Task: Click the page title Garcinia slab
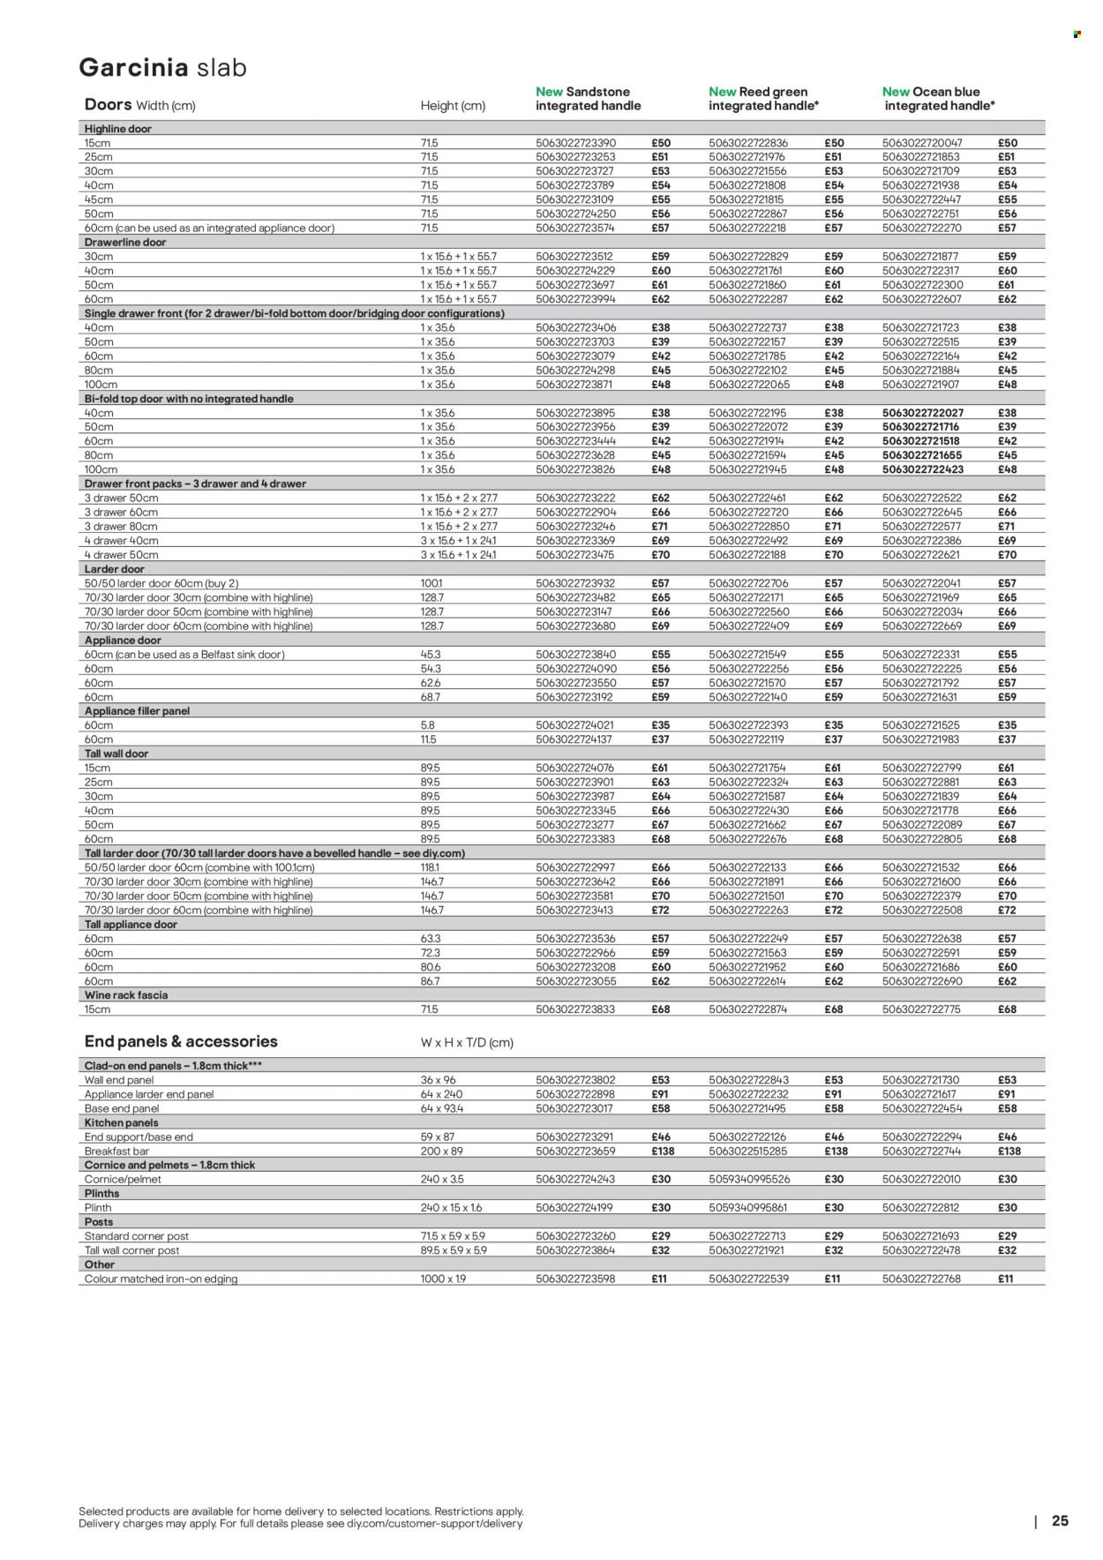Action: (162, 68)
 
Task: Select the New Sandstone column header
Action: (588, 98)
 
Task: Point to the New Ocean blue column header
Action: (938, 98)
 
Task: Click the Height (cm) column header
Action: (453, 105)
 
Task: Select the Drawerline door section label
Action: (124, 242)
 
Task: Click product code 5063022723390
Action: (575, 143)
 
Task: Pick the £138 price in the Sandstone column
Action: (661, 1151)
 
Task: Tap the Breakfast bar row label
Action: (119, 1151)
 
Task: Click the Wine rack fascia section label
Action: (125, 994)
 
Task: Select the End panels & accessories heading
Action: (181, 1041)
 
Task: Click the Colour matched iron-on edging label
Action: (161, 1279)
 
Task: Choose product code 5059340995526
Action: (749, 1179)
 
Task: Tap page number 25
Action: (1060, 1520)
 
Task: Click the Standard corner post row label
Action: (137, 1236)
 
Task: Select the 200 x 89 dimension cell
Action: (441, 1151)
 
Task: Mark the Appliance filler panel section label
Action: (137, 710)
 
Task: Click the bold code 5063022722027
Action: (923, 413)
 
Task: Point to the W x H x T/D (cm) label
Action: (467, 1042)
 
